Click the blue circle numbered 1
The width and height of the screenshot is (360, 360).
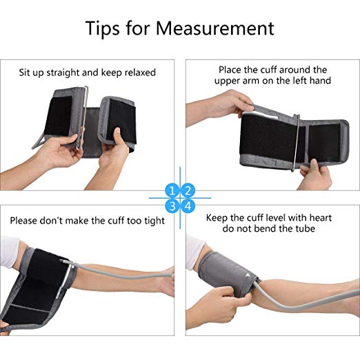pyautogui.click(x=172, y=190)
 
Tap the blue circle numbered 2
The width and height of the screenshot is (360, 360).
pyautogui.click(x=188, y=190)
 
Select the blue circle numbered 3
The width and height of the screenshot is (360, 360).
pyautogui.click(x=172, y=206)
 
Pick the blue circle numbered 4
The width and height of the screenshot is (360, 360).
pyautogui.click(x=188, y=206)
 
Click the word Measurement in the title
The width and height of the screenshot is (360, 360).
pyautogui.click(x=215, y=28)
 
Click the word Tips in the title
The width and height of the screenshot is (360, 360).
pyautogui.click(x=103, y=29)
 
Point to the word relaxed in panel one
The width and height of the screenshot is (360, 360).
pyautogui.click(x=140, y=72)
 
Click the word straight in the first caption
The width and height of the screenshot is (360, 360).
pyautogui.click(x=63, y=73)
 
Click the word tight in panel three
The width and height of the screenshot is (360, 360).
pyautogui.click(x=154, y=221)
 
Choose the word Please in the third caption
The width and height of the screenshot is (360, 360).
pyautogui.click(x=23, y=221)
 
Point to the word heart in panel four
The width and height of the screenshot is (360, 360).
pyautogui.click(x=321, y=218)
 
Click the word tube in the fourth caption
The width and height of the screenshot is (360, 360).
pyautogui.click(x=306, y=229)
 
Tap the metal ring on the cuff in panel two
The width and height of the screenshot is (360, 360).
pyautogui.click(x=297, y=143)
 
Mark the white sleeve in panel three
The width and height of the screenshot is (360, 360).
pyautogui.click(x=9, y=252)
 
